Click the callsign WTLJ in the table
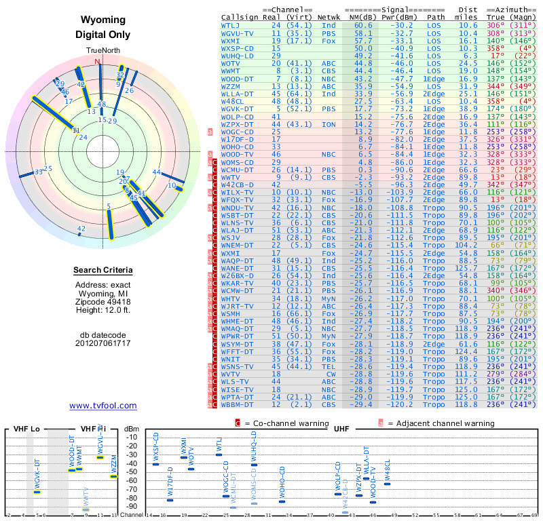click(232, 25)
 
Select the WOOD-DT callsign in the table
click(238, 78)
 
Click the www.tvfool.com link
click(103, 406)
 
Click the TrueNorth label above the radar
click(102, 51)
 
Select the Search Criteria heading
click(103, 271)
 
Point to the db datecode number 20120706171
click(103, 343)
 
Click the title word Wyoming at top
click(103, 20)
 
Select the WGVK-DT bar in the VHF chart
click(37, 492)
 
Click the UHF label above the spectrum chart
click(341, 429)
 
